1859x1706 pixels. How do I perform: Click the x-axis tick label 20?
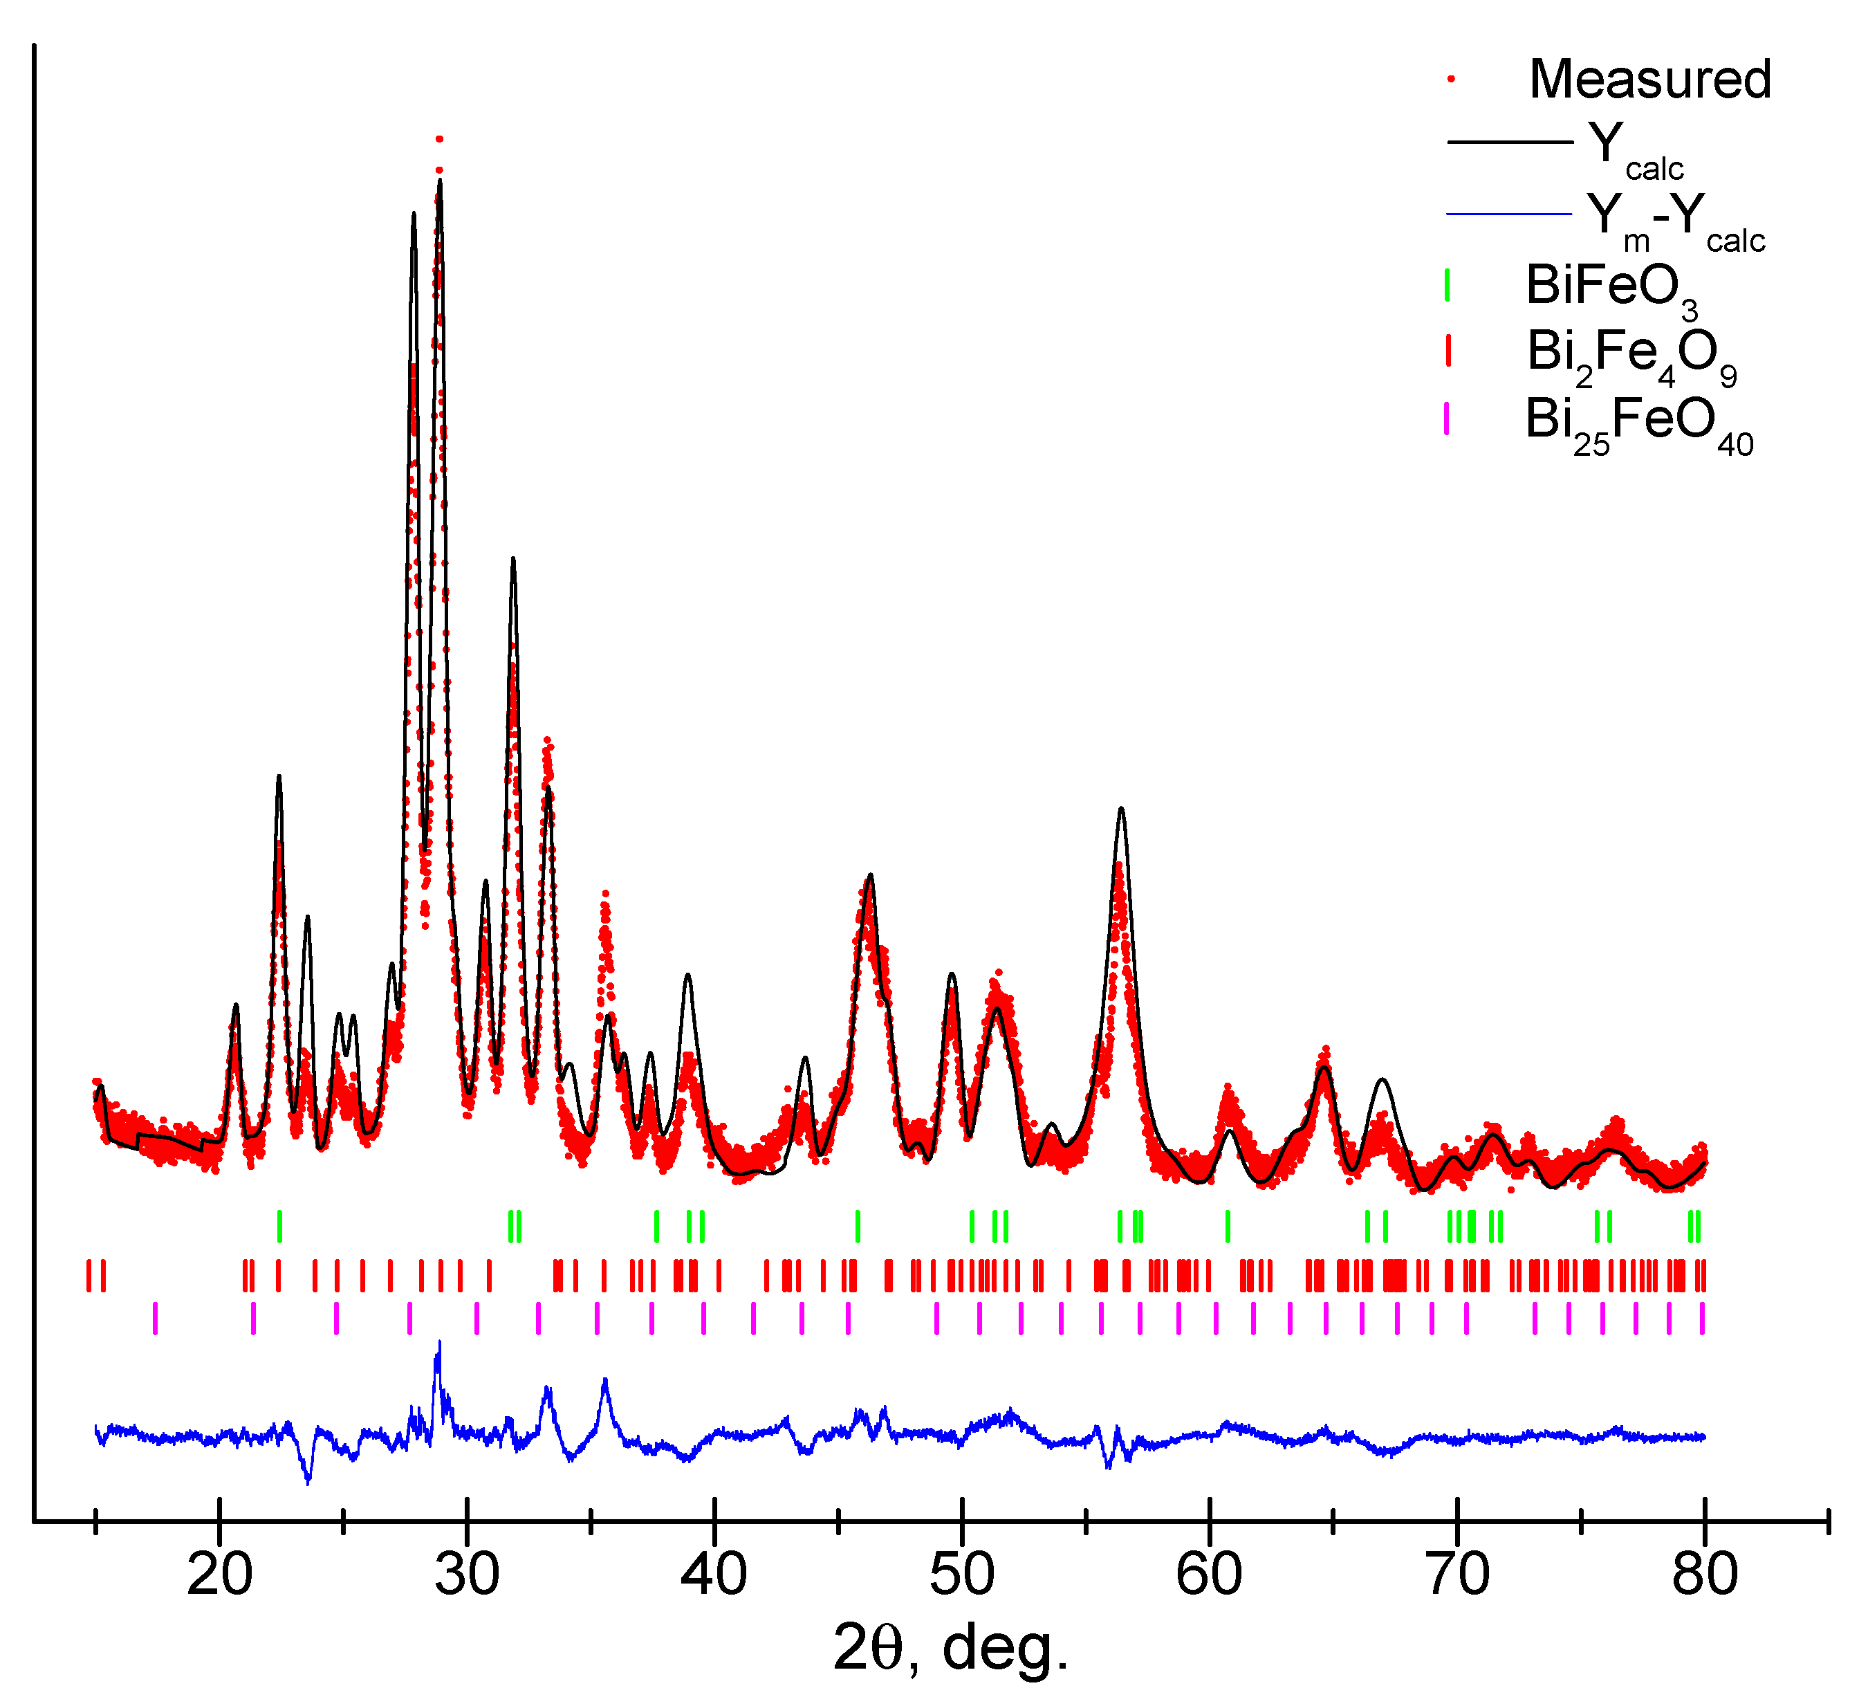coord(220,1575)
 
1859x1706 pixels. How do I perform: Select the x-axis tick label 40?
coord(714,1575)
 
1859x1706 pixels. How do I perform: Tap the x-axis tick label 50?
coord(963,1575)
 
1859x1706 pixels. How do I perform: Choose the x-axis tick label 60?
coord(1209,1575)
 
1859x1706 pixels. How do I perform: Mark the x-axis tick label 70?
coord(1457,1575)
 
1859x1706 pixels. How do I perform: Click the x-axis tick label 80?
coord(1705,1575)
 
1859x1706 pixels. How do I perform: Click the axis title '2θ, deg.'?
coord(951,1648)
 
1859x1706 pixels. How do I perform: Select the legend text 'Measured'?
coord(1650,80)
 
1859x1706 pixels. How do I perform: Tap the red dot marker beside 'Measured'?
coord(1451,80)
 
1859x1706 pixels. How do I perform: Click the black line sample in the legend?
coord(1509,143)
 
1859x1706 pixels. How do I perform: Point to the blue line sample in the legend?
coord(1509,214)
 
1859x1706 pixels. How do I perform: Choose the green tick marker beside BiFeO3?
coord(1448,284)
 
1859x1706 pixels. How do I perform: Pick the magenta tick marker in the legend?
coord(1446,419)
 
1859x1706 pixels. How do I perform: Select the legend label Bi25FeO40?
coord(1638,423)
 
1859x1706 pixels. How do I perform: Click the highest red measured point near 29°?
coord(439,139)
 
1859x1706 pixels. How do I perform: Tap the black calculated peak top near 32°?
coord(513,558)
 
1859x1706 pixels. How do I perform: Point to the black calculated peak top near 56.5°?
coord(1122,809)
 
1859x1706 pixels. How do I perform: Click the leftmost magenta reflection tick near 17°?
coord(155,1319)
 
